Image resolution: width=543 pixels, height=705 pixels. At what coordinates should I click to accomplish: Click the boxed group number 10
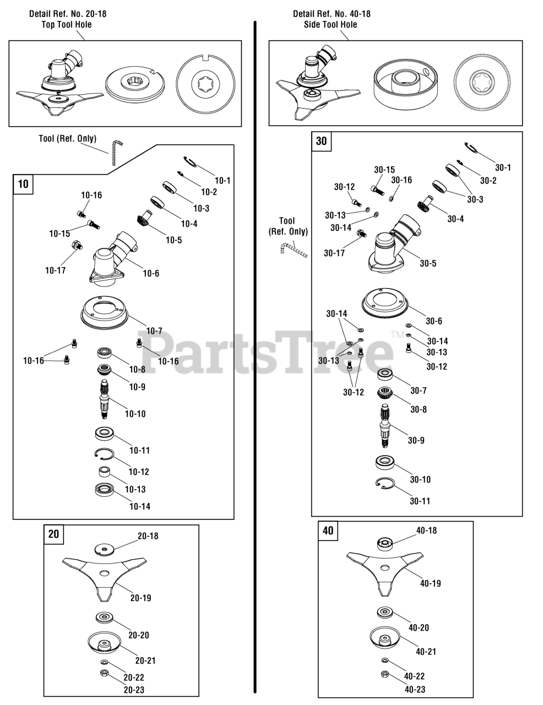[23, 184]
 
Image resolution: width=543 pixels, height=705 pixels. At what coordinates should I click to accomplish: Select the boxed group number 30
[321, 141]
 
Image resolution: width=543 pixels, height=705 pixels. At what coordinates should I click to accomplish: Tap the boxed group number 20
[54, 534]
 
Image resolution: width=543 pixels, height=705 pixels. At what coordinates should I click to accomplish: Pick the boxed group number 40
[328, 531]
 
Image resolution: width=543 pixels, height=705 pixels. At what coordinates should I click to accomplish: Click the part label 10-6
[150, 273]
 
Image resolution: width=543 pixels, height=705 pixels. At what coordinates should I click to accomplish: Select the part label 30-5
[428, 263]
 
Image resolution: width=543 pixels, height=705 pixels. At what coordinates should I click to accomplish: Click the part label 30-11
[420, 501]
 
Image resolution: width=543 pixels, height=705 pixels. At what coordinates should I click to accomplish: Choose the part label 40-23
[414, 689]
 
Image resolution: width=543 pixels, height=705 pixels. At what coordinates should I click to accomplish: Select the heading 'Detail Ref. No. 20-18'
[68, 13]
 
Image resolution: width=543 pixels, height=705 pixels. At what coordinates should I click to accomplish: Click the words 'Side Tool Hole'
[330, 24]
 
